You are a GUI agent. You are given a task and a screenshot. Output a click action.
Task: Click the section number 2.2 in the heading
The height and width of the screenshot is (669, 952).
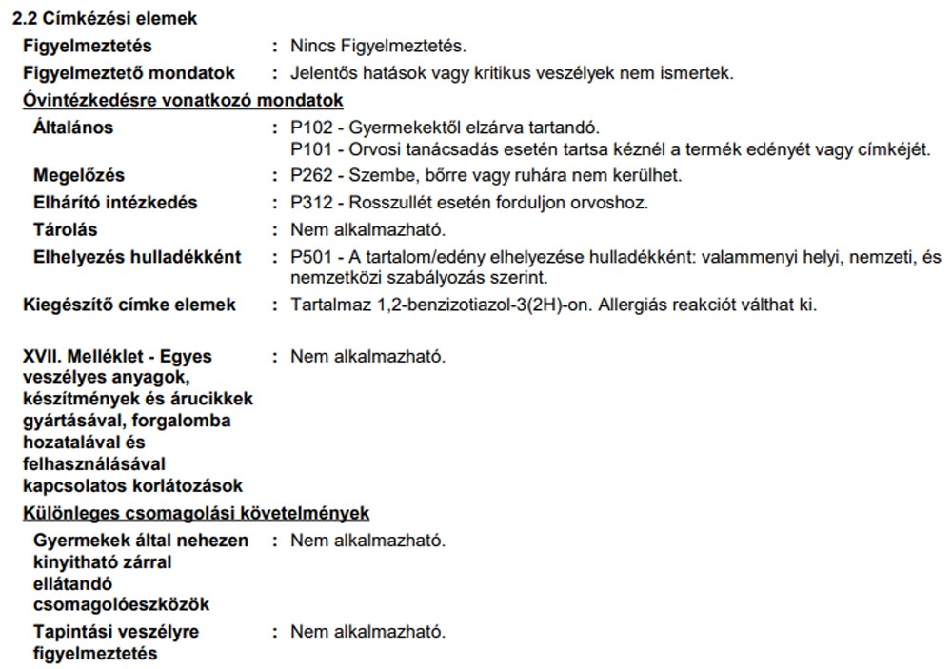[x=36, y=18]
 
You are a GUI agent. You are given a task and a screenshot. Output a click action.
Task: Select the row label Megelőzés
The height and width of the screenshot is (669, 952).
[x=78, y=175]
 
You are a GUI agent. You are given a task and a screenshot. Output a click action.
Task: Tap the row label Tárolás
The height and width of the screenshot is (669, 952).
[x=65, y=229]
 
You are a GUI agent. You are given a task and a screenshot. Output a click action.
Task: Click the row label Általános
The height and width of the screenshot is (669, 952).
[x=73, y=128]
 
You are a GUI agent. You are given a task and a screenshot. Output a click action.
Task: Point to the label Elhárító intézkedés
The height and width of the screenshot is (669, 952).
[x=115, y=202]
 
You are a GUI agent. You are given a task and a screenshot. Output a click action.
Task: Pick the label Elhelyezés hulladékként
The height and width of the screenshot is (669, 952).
[x=137, y=257]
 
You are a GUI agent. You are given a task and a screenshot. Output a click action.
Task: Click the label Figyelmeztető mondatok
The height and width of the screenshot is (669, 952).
[x=129, y=73]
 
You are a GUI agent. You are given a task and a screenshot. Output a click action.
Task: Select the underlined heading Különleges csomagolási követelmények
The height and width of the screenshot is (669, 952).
[x=196, y=513]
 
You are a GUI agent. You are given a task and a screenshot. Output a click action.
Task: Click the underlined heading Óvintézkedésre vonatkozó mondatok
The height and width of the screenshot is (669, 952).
[x=183, y=100]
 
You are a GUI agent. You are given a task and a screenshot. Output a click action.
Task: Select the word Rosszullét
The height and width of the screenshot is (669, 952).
[x=389, y=202]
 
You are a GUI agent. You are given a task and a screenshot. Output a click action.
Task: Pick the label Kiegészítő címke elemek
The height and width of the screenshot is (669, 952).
[x=129, y=305]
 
